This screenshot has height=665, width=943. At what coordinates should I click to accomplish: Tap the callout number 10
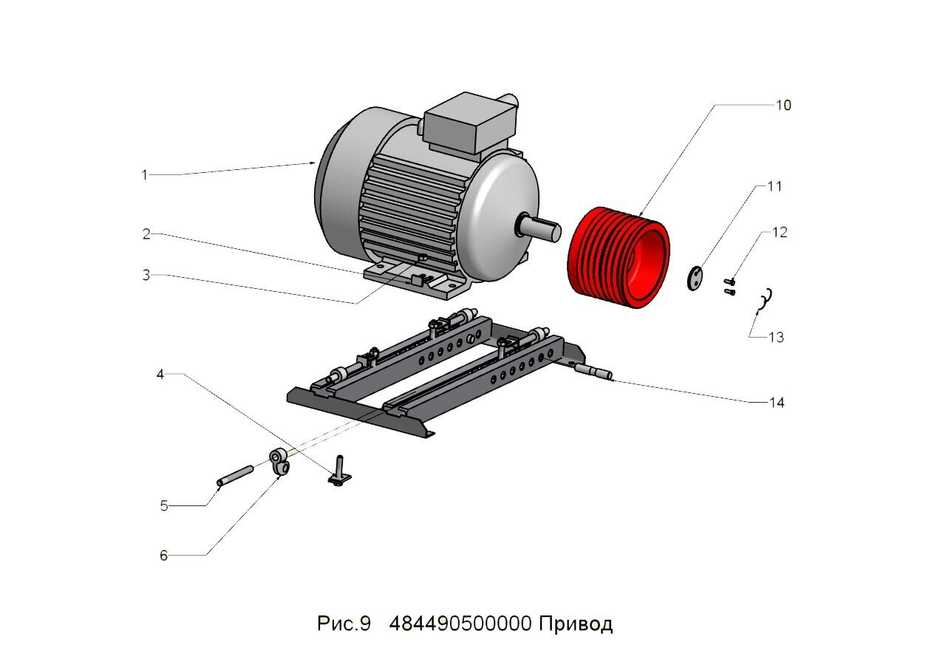783,105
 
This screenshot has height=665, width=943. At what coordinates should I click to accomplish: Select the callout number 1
145,175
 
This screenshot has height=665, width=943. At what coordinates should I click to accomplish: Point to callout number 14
776,403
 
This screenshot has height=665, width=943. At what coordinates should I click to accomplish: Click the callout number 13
776,338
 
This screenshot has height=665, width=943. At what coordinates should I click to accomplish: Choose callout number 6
164,556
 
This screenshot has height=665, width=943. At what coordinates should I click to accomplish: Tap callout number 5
164,506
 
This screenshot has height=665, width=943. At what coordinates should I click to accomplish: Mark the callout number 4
160,374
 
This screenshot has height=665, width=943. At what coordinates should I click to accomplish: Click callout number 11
774,186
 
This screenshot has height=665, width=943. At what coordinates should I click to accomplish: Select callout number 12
780,232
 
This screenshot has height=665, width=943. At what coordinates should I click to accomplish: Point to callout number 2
146,234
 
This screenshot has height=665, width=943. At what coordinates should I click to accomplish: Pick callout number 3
146,275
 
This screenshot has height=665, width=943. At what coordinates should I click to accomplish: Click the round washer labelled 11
695,279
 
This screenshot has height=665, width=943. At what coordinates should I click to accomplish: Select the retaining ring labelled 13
766,296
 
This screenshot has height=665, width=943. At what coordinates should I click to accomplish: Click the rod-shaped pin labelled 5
236,475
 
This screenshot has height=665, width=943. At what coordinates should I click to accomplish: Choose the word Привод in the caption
575,624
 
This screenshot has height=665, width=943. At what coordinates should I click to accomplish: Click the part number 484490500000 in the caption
460,624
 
